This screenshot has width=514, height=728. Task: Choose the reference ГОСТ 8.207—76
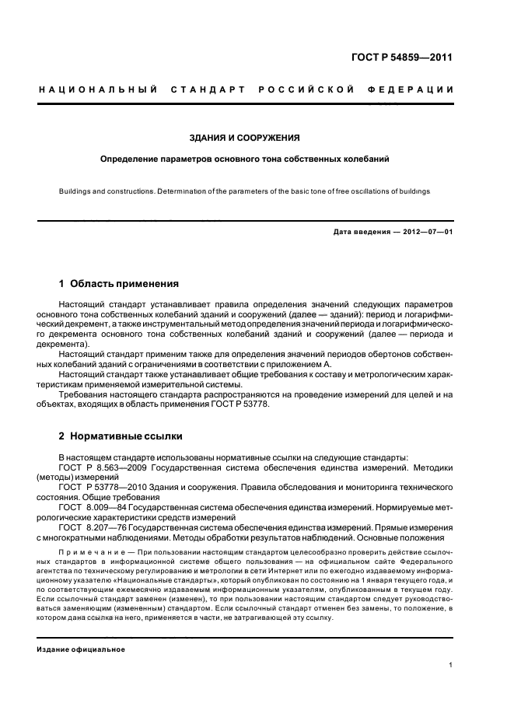[89, 526]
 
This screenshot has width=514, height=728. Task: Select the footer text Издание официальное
[82, 649]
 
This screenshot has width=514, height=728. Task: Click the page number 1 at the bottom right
[450, 665]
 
